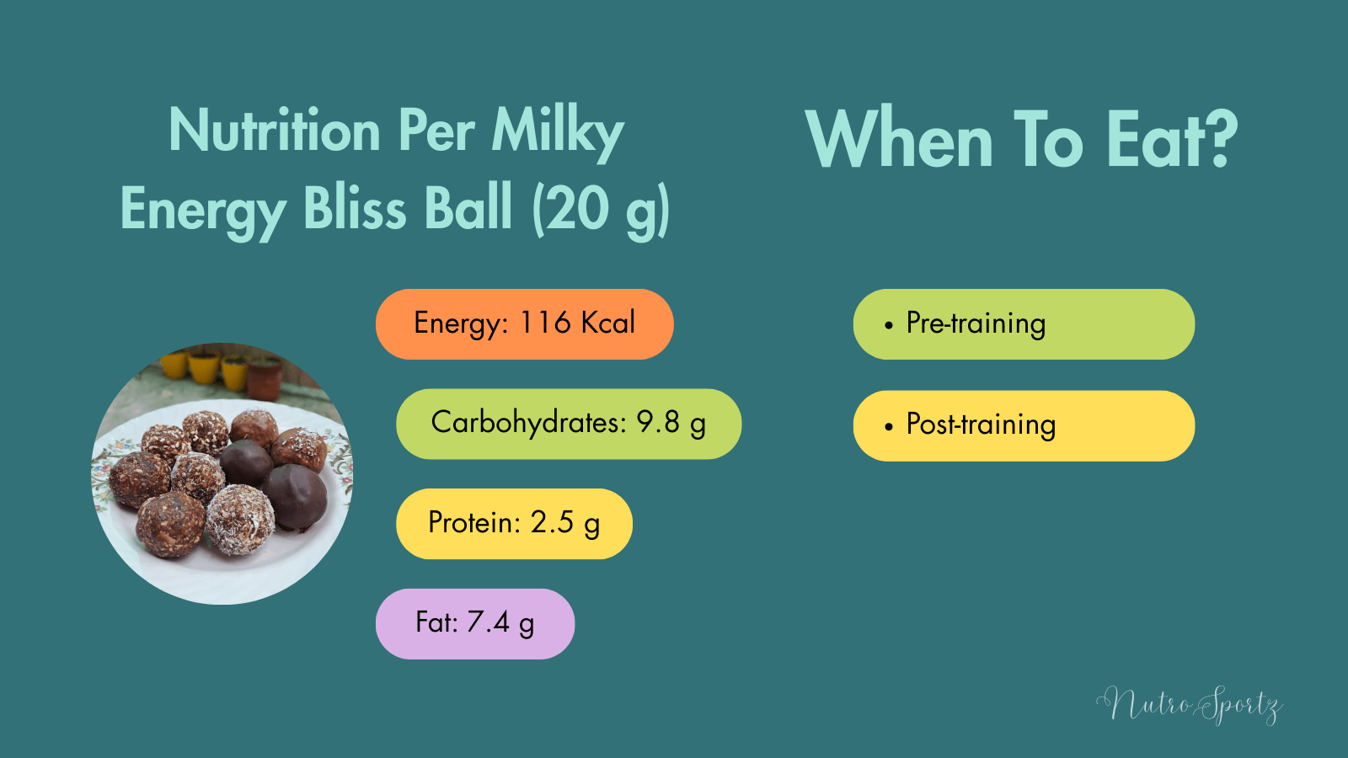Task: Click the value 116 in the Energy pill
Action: point(545,323)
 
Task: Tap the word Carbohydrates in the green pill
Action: point(528,422)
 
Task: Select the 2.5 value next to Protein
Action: point(552,522)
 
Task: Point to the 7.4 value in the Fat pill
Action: point(488,622)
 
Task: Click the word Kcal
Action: point(607,323)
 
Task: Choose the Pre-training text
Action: point(976,323)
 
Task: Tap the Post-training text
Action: point(981,424)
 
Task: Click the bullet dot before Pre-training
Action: point(888,325)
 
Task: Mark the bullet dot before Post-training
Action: point(888,427)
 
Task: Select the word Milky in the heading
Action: point(557,131)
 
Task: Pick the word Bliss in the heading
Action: point(355,208)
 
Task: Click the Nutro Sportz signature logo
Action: point(1190,704)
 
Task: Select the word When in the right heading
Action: point(900,140)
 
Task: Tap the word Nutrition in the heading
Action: point(275,131)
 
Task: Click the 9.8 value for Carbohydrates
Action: point(657,422)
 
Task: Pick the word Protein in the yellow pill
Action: point(473,522)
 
